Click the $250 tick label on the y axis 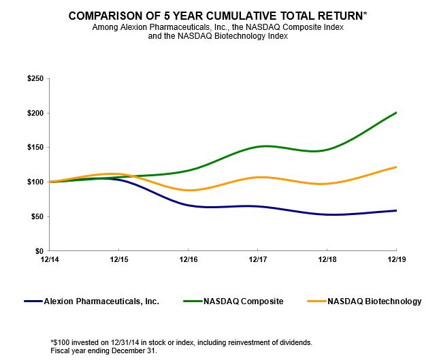click(x=35, y=79)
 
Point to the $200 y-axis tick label click(x=35, y=113)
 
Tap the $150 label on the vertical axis click(x=35, y=148)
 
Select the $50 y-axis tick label click(x=37, y=216)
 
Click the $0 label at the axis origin click(x=39, y=251)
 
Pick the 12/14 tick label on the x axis click(x=48, y=260)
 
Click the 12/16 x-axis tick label click(x=188, y=260)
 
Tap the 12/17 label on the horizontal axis click(x=257, y=260)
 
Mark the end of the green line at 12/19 click(x=397, y=112)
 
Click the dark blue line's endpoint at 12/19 click(x=397, y=210)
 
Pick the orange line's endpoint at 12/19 click(x=397, y=167)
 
